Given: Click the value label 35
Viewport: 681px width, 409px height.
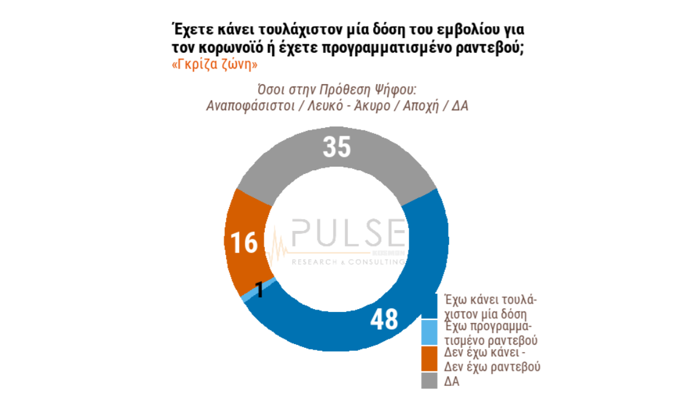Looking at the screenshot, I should (337, 147).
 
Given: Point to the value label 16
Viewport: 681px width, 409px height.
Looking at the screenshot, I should (245, 243).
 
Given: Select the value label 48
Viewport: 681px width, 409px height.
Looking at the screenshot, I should (384, 319).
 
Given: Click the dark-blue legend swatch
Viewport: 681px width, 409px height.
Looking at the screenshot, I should (429, 307).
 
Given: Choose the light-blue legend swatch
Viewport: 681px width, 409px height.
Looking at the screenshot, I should (429, 333).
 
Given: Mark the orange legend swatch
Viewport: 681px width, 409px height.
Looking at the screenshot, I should (429, 359).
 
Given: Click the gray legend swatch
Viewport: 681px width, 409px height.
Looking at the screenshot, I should (429, 381).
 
